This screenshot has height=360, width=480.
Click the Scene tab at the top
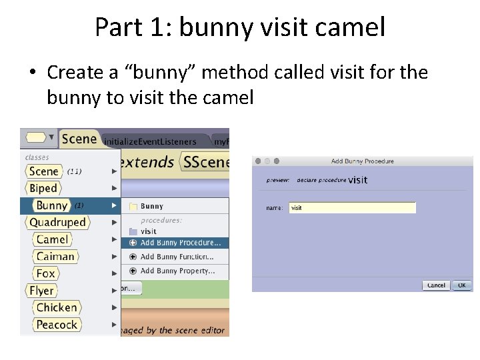point(79,139)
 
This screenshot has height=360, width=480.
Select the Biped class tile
point(43,189)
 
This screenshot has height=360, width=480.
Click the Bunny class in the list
point(51,205)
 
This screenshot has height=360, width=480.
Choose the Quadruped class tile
point(57,223)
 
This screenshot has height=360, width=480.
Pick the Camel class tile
point(53,239)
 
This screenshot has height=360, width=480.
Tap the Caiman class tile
point(55,257)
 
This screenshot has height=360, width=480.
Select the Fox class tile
point(46,273)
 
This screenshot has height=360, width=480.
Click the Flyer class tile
point(41,291)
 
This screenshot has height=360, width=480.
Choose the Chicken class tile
point(57,307)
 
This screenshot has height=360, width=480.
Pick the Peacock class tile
point(57,325)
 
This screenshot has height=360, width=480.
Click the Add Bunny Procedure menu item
point(180,243)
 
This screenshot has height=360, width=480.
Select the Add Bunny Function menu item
point(177,257)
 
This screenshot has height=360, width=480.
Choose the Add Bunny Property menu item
point(177,271)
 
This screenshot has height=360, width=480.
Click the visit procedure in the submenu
point(149,231)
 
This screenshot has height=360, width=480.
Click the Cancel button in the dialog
point(436,285)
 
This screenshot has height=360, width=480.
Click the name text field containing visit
point(352,208)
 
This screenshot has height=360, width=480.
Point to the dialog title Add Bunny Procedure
point(362,161)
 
